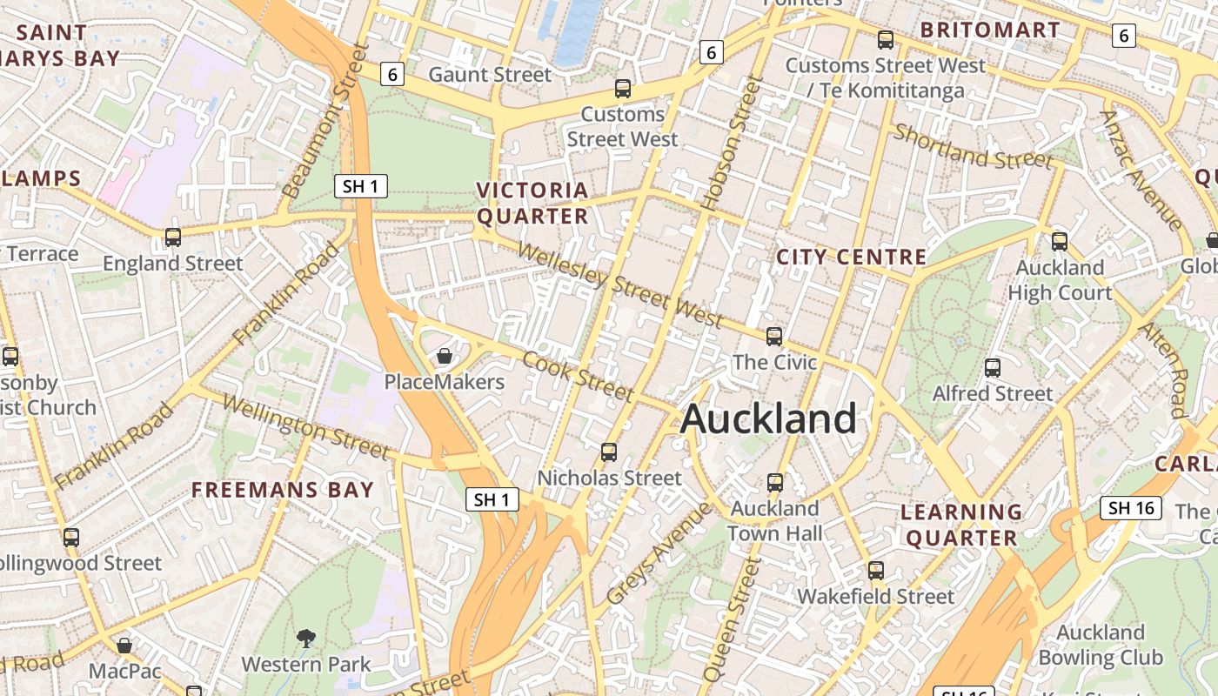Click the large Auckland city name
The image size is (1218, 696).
coord(768,418)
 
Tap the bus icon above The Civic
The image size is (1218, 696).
coord(774,336)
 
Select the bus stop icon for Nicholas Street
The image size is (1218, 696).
coord(609,452)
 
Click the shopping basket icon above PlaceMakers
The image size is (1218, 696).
coord(445,356)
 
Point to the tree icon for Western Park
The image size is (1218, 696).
coord(305,639)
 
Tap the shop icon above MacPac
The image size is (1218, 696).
coord(124,646)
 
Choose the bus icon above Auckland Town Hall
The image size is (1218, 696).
coord(774,482)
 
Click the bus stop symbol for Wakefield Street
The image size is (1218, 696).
coord(876,571)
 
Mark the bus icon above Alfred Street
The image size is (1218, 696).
coord(993,368)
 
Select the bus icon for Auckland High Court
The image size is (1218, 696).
coord(1060,242)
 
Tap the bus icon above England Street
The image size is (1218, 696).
coord(173,237)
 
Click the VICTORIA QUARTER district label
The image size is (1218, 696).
coord(532,203)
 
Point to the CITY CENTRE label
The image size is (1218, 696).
coord(851,257)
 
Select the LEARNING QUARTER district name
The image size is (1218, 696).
coord(961,525)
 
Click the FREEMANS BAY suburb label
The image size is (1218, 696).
coord(283,490)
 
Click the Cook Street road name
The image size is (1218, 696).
coord(579,376)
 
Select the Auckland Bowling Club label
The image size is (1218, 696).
coord(1101,645)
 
